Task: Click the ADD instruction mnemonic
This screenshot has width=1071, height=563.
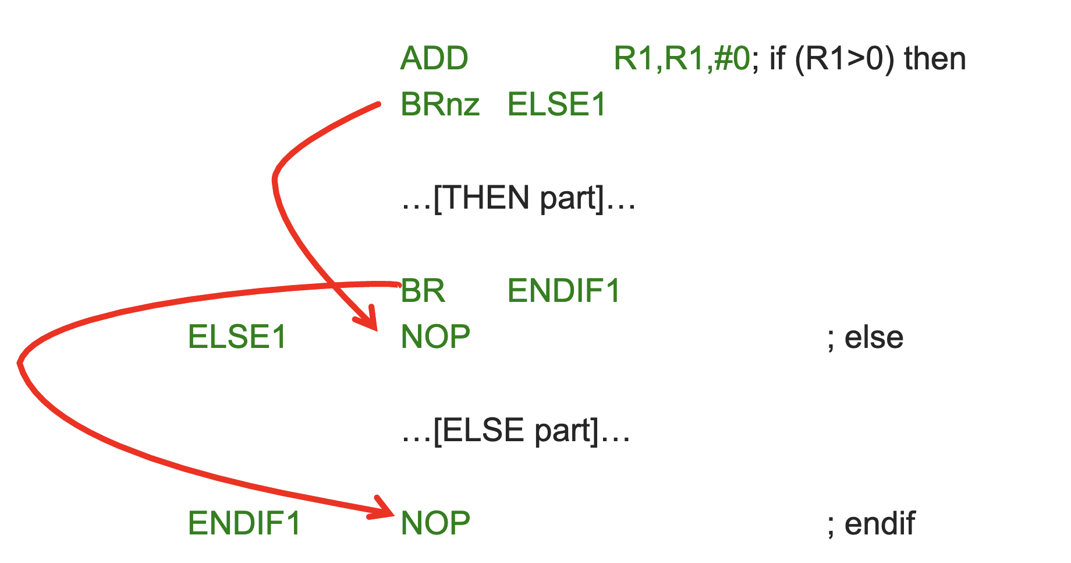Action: click(x=434, y=59)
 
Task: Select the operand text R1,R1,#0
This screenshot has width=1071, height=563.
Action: click(x=682, y=59)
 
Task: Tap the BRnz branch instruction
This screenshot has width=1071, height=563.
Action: click(x=440, y=105)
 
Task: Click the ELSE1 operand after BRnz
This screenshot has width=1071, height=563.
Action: click(x=556, y=105)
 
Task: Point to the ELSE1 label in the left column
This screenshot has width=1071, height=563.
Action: click(x=237, y=337)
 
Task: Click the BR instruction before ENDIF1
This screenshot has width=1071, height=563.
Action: click(x=423, y=291)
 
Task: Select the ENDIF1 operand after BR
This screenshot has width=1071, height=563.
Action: click(x=564, y=291)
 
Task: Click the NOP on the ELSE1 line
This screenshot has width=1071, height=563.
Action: click(x=435, y=337)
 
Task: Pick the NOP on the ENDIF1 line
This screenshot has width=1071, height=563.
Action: click(x=435, y=523)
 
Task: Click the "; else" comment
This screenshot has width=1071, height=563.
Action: click(x=865, y=337)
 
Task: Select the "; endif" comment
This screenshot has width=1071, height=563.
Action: click(x=871, y=523)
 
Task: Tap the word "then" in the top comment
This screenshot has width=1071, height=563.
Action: click(x=935, y=59)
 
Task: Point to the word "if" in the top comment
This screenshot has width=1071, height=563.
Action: click(x=777, y=59)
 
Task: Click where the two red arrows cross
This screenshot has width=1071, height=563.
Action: click(x=336, y=285)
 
